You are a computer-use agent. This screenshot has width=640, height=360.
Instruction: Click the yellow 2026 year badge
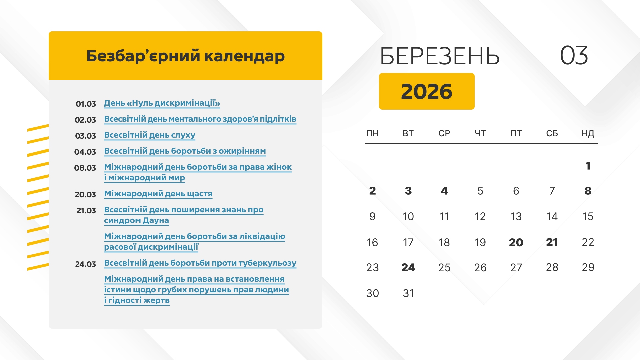(x=427, y=91)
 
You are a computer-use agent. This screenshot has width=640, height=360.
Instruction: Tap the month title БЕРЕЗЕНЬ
(x=440, y=56)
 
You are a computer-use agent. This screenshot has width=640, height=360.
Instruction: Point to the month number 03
(x=574, y=55)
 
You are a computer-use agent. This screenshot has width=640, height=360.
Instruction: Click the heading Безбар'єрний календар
(x=185, y=56)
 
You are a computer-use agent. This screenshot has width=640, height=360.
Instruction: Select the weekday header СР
(x=444, y=133)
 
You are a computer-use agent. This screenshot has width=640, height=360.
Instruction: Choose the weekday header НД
(x=588, y=133)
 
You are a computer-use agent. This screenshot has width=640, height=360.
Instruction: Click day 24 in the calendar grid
(x=408, y=267)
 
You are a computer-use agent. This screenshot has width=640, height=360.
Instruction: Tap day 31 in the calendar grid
(x=408, y=293)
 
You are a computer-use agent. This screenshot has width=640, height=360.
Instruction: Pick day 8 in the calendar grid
(x=588, y=191)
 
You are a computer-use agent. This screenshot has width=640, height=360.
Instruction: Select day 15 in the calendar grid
(x=588, y=216)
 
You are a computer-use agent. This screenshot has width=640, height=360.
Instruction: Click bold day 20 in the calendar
(x=516, y=242)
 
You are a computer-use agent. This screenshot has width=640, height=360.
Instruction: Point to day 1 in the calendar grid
(x=588, y=166)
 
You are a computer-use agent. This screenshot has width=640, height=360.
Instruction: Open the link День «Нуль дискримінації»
(x=162, y=103)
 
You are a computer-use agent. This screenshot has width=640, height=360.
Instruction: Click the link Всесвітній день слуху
(x=150, y=135)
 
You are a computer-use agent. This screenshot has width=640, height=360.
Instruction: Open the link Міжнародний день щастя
(x=158, y=194)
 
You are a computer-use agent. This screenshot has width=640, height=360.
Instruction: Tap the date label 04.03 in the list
(x=85, y=152)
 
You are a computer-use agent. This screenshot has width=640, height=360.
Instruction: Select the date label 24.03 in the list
(x=85, y=264)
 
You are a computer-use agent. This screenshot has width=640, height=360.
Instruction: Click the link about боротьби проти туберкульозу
(x=200, y=263)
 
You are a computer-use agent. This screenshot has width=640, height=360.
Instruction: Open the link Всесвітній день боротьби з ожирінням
(x=185, y=151)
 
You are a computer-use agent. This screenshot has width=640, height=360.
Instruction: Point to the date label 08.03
(x=85, y=168)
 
